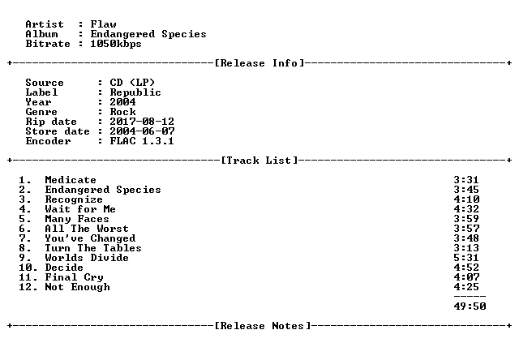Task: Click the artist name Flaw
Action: [x=103, y=24]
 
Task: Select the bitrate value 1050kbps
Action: [x=116, y=44]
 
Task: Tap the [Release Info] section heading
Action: [x=259, y=63]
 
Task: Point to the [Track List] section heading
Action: [x=259, y=161]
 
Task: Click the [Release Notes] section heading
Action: [x=263, y=326]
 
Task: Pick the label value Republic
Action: [x=135, y=92]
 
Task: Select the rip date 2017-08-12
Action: [x=142, y=122]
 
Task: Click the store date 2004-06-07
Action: [x=142, y=131]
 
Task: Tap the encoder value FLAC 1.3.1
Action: [x=142, y=141]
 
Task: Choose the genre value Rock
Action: [x=122, y=112]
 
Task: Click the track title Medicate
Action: [x=71, y=180]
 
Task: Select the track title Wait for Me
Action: [x=80, y=209]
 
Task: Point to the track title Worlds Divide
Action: [x=87, y=258]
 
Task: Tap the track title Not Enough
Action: [x=78, y=287]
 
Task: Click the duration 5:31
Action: [x=466, y=258]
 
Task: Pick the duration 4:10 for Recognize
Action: [x=466, y=199]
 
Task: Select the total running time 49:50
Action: [x=470, y=306]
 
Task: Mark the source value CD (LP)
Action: [x=132, y=83]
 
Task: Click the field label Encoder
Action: [x=49, y=141]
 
